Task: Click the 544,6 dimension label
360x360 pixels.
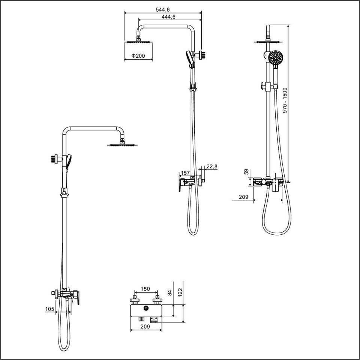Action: pyautogui.click(x=163, y=10)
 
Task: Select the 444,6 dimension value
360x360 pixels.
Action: pyautogui.click(x=168, y=17)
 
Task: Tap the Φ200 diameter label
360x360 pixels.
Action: pyautogui.click(x=138, y=56)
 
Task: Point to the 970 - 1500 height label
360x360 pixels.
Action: pyautogui.click(x=285, y=100)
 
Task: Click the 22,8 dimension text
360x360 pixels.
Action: pyautogui.click(x=211, y=166)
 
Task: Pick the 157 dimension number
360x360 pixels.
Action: pyautogui.click(x=185, y=173)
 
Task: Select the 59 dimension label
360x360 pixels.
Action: pyautogui.click(x=246, y=172)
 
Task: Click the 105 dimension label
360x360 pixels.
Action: pyautogui.click(x=50, y=309)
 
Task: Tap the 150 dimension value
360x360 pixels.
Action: pyautogui.click(x=145, y=289)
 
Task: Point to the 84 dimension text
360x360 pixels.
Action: pyautogui.click(x=169, y=293)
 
